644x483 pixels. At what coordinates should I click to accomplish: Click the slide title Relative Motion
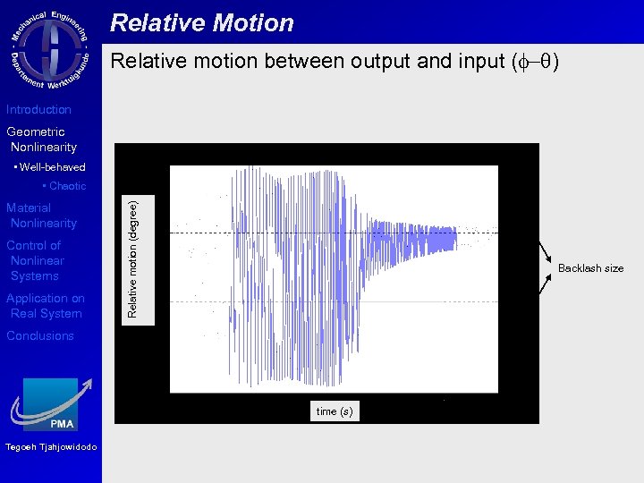point(202,23)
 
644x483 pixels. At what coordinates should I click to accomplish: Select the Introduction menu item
point(38,110)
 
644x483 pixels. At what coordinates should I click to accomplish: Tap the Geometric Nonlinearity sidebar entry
point(41,140)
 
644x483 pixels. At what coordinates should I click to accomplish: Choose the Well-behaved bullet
point(50,167)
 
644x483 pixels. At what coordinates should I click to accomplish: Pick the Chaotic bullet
point(64,186)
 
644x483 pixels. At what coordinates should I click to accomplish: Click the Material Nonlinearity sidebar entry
point(41,216)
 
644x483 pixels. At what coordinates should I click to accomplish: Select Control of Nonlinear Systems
point(36,260)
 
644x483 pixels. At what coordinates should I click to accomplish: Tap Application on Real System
point(46,306)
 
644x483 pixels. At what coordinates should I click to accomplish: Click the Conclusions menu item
point(40,336)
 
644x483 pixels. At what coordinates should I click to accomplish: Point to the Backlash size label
point(590,268)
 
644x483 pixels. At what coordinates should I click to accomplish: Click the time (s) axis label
point(335,411)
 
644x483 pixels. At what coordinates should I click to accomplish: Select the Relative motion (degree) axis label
point(132,259)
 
